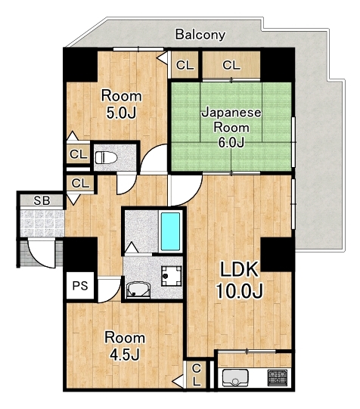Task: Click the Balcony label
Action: [200, 35]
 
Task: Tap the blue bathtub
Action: [170, 231]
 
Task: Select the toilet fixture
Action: [106, 157]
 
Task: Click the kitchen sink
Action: [235, 378]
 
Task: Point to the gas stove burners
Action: [278, 377]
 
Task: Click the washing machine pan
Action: [172, 276]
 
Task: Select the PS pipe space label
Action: [80, 286]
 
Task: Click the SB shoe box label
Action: [42, 200]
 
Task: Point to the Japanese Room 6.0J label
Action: [231, 128]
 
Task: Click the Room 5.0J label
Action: [122, 104]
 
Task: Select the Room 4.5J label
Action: [125, 345]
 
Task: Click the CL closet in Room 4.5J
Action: [196, 375]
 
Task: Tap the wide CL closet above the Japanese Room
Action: [231, 65]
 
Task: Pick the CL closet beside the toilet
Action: [78, 154]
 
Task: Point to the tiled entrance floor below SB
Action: [42, 224]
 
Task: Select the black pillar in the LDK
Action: [278, 254]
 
